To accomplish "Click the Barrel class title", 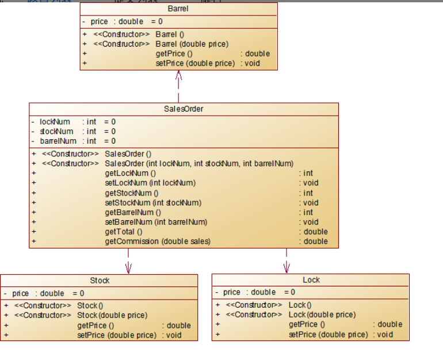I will (x=178, y=9).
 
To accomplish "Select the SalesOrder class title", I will (x=184, y=109).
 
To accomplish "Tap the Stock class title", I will (x=100, y=281).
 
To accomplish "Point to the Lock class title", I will (x=311, y=280).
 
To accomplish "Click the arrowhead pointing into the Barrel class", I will (x=178, y=75).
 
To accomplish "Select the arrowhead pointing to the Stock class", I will (x=128, y=267).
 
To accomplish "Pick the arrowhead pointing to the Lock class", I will (x=287, y=267).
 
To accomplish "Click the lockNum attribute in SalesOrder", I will (x=55, y=122).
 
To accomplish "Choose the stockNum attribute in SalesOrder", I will (x=56, y=132).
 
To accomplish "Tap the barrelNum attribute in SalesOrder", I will (x=58, y=141).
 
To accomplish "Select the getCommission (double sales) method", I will (x=158, y=242).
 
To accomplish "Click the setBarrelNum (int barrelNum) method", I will (x=156, y=222).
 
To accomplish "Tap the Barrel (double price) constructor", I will (x=192, y=44).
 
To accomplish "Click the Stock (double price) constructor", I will (x=112, y=315).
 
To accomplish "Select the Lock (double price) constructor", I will (x=322, y=315).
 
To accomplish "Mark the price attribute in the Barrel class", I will (x=100, y=21).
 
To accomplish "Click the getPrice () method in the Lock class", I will (x=307, y=324).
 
